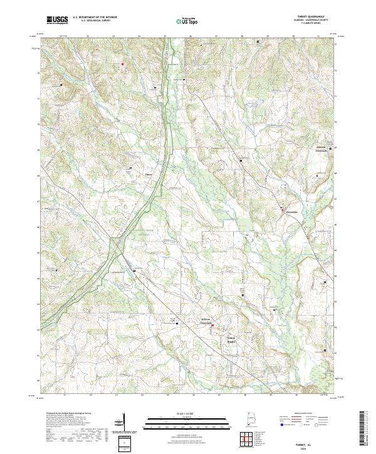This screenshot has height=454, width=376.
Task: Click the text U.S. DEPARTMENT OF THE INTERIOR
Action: click(95, 18)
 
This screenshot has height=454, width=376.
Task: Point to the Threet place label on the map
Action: click(149, 174)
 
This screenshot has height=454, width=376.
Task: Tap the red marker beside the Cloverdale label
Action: click(282, 209)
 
